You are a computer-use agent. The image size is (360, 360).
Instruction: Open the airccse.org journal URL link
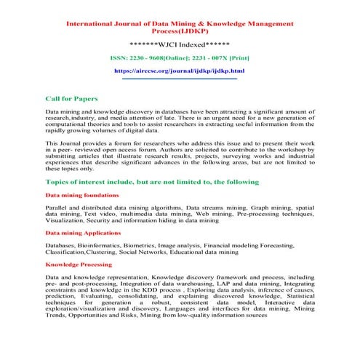[180, 71]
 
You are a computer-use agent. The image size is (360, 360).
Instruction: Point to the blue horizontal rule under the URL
[180, 79]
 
